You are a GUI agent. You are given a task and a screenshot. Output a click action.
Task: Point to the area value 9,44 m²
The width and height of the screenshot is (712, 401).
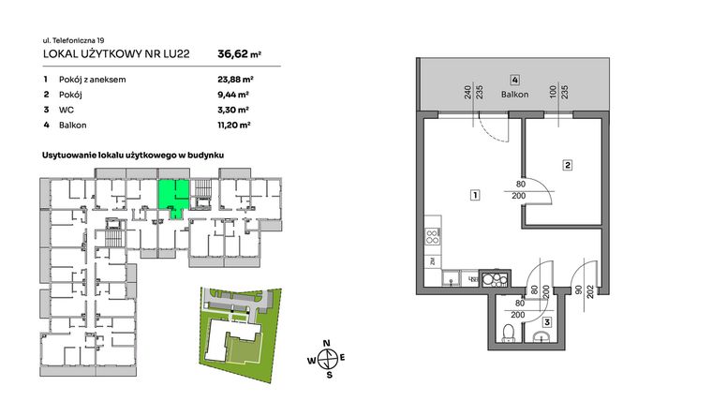coord(232,95)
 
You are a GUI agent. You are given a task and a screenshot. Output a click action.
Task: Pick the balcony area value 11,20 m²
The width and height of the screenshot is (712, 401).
coord(233,124)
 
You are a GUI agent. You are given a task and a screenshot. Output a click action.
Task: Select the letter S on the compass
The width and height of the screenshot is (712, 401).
coord(329,376)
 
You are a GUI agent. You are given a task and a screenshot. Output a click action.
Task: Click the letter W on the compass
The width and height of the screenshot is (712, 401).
coord(310,359)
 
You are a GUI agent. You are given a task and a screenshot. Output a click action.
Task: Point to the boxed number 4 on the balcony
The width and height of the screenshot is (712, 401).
coord(514,80)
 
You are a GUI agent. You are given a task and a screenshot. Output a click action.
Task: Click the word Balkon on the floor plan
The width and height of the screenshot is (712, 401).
coord(514,95)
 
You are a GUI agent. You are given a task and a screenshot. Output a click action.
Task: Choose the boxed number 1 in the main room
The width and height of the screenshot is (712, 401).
coord(476,196)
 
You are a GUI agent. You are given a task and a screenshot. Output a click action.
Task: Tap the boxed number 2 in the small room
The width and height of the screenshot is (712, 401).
coord(567,166)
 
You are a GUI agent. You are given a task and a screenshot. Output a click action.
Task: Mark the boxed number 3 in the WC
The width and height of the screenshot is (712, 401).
coord(546,322)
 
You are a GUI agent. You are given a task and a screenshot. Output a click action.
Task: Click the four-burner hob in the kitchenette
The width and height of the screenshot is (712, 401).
coord(432,237)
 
